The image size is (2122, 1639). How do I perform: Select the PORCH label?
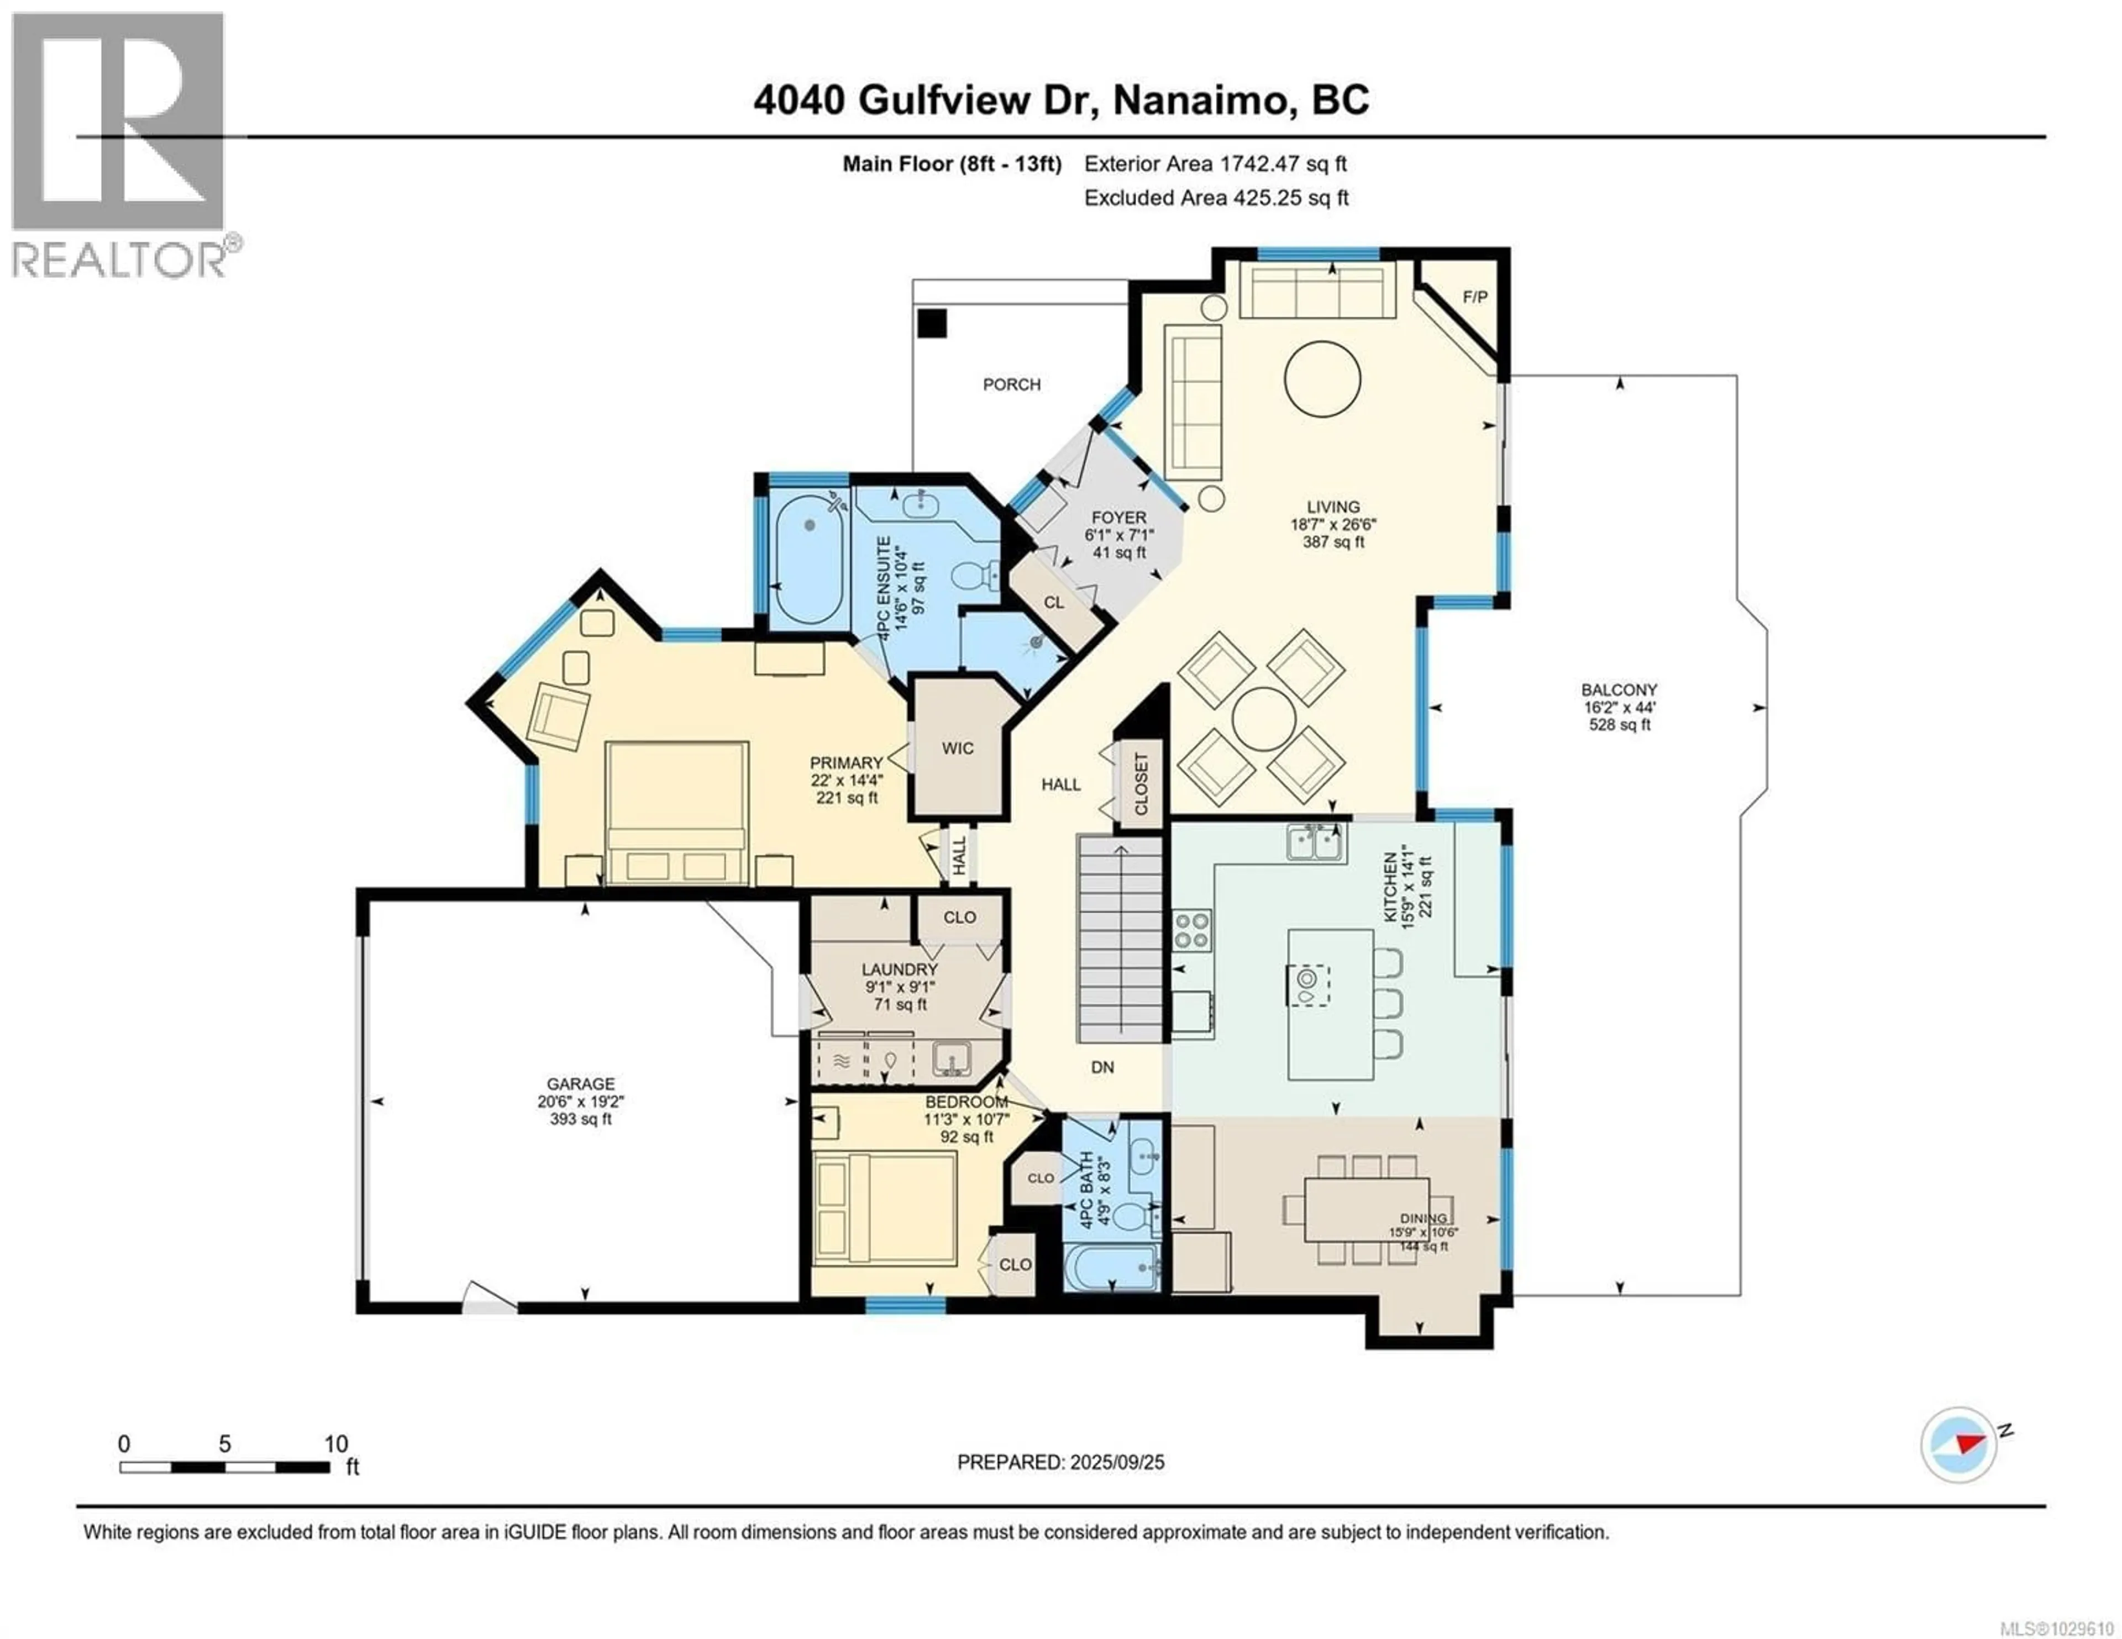click(x=1011, y=384)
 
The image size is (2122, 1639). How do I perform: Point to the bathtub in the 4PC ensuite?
click(x=810, y=558)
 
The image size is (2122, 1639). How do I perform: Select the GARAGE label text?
click(x=580, y=1083)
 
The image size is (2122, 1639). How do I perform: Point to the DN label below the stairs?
click(x=1102, y=1067)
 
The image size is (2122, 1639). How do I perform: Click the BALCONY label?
click(x=1619, y=690)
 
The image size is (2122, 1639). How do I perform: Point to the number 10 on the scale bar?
click(x=335, y=1443)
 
